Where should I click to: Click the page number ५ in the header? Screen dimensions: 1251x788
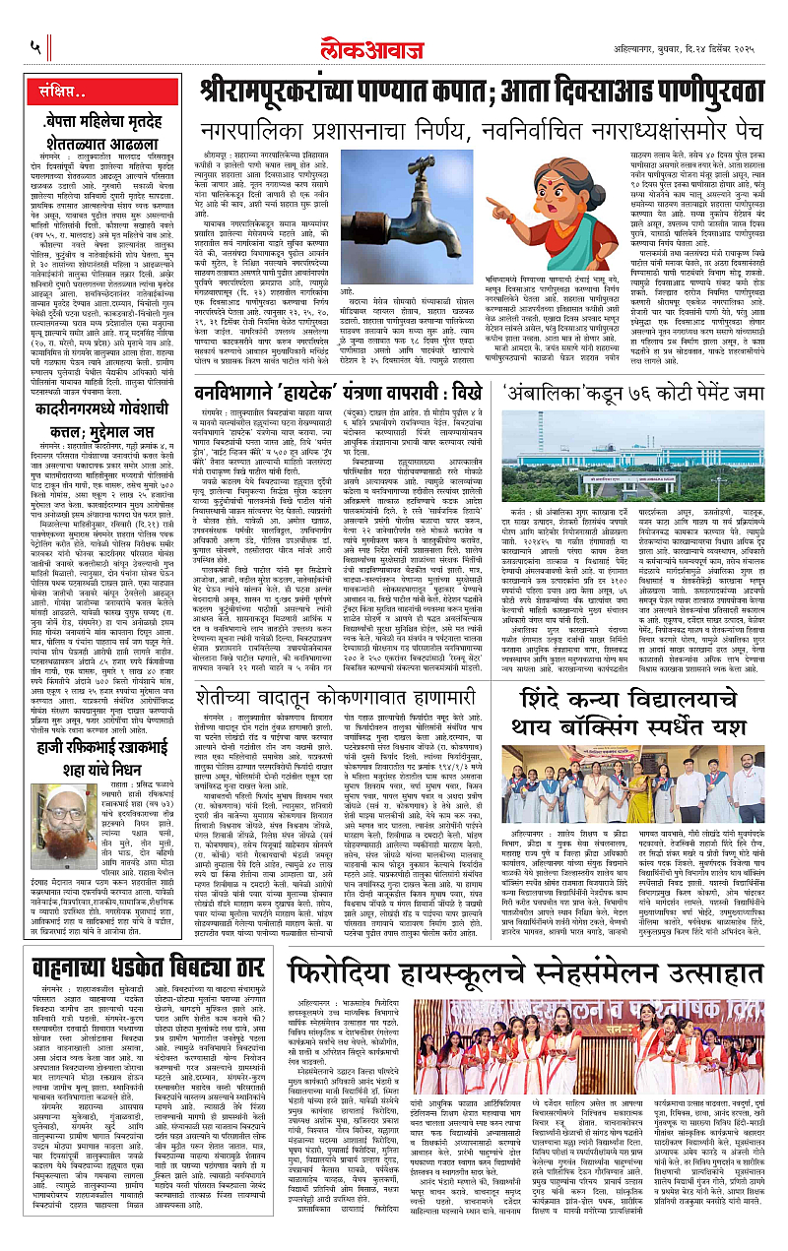tap(35, 44)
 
